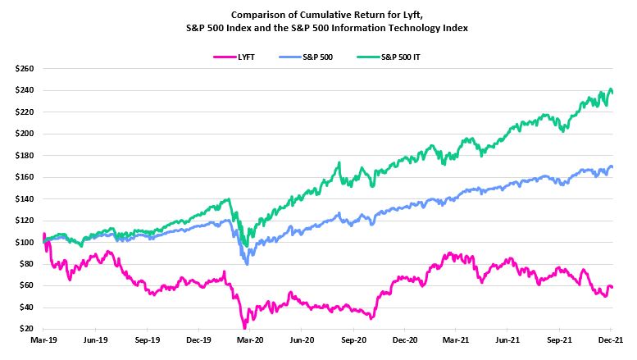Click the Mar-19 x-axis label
tap(43, 339)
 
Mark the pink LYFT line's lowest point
tap(244, 327)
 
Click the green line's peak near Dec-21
tap(609, 89)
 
